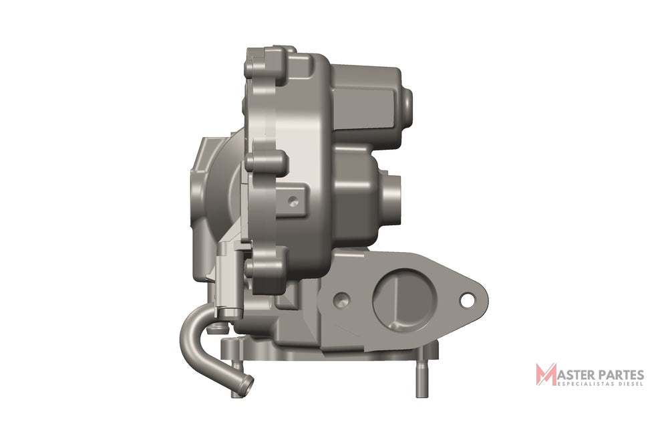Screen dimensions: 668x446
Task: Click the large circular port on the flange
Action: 405,298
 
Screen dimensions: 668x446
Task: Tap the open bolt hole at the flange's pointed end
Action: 467,300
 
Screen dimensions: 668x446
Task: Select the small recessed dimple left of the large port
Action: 341,300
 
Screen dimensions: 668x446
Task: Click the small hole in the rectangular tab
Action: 293,201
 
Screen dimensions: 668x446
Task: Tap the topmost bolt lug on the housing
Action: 263,68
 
